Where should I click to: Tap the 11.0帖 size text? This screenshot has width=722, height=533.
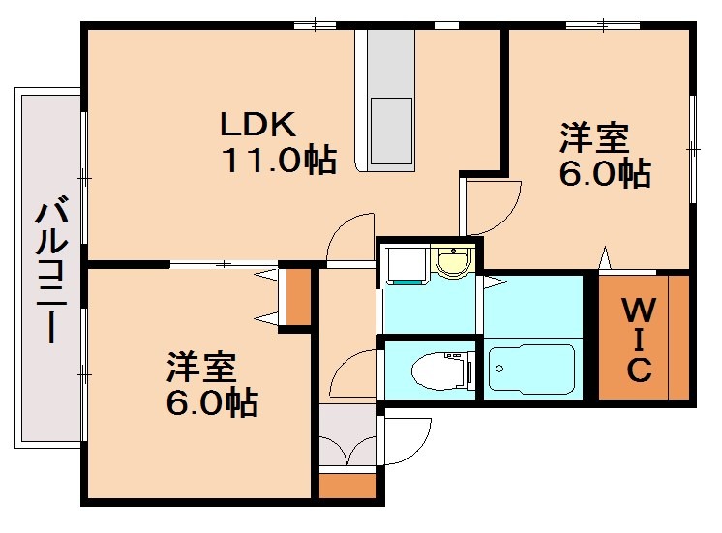click(280, 160)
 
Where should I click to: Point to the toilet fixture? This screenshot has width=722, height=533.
click(440, 370)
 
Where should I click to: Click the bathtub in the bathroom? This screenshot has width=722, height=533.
click(531, 369)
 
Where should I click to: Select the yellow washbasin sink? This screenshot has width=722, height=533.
click(451, 261)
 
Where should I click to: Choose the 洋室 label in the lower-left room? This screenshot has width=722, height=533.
click(201, 367)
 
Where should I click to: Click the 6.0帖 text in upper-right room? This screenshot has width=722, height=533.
click(604, 174)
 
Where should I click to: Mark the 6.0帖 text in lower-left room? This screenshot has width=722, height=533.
click(212, 402)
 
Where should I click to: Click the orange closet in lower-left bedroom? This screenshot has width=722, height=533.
click(298, 296)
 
